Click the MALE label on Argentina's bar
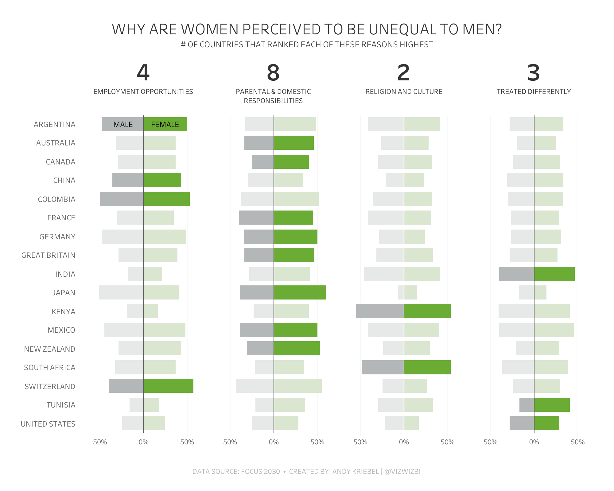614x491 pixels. pos(123,124)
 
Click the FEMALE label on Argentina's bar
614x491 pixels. pos(165,124)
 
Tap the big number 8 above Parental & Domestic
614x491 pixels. pos(273,73)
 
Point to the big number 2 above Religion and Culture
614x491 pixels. pos(403,73)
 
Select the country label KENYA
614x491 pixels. pos(64,311)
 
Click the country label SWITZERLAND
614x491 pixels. pos(50,386)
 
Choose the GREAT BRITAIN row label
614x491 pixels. pos(48,255)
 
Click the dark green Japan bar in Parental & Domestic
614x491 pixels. pos(300,292)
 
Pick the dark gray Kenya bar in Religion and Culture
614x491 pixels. pos(380,311)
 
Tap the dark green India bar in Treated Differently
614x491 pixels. pos(554,274)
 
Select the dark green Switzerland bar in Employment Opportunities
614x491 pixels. pos(169,386)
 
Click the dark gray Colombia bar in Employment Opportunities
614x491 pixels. pos(122,199)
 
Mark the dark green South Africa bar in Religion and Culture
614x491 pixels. pos(427,367)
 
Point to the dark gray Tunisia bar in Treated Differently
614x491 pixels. pos(527,405)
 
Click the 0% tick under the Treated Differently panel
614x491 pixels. pos(534,442)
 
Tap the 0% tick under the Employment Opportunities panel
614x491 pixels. pos(144,442)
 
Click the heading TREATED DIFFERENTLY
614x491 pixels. pos(534,91)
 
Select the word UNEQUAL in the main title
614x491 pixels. pos(402,29)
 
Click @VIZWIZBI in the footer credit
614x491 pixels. pos(402,471)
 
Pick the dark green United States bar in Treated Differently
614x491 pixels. pos(547,423)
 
